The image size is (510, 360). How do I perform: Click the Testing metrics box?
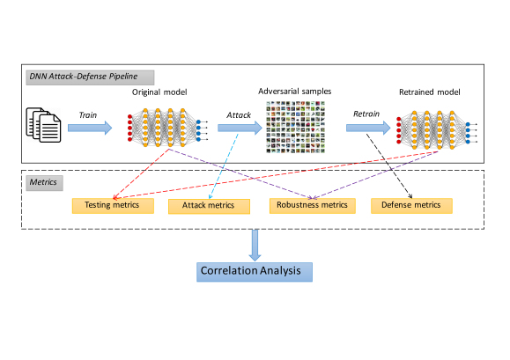113,206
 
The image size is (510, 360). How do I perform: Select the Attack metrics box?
209,206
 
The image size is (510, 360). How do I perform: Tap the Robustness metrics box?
312,206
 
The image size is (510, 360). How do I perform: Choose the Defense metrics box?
411,206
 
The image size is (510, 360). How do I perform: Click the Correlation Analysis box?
255,272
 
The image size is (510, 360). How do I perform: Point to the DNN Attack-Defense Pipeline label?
90,77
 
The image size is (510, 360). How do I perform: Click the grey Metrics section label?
45,183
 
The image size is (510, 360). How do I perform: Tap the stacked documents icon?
43,125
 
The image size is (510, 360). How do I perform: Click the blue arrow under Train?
90,128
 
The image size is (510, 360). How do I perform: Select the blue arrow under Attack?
240,128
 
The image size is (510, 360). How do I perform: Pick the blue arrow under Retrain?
368,128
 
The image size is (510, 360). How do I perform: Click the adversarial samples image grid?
296,127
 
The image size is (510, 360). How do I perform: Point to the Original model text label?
159,92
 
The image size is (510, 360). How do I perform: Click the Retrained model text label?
429,92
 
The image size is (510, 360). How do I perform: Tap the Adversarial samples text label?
295,92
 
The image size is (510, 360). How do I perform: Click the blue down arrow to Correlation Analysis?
255,246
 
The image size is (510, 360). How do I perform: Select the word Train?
88,115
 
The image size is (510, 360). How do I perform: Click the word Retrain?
366,114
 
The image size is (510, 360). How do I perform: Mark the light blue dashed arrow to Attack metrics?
224,166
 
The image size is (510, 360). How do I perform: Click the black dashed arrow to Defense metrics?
389,165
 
